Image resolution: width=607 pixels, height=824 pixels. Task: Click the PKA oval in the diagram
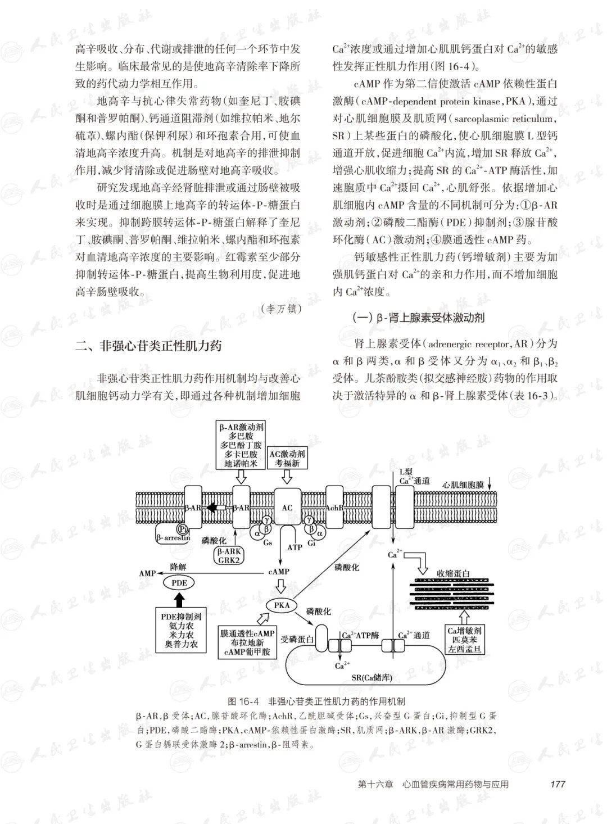point(282,605)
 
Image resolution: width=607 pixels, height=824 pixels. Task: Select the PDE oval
point(179,583)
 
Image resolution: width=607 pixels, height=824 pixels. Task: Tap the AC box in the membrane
point(287,508)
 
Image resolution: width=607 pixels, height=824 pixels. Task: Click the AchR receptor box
point(334,508)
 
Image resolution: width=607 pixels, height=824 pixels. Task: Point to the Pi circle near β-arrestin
point(182,528)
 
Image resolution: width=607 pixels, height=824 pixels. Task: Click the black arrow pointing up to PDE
point(179,600)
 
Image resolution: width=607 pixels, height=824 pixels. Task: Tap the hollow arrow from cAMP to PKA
point(280,588)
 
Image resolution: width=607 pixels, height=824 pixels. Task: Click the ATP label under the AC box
point(295,547)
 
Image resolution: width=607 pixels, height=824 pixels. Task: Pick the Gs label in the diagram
point(268,543)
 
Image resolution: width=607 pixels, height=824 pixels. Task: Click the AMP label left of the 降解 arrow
point(147,573)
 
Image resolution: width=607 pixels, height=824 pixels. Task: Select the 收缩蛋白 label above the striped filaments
point(454,574)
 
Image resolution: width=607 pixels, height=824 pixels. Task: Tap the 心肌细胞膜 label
point(463,485)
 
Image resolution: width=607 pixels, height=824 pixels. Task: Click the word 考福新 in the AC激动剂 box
point(287,463)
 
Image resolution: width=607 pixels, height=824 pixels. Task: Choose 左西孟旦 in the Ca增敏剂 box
point(465,649)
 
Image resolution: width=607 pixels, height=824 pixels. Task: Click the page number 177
point(558,784)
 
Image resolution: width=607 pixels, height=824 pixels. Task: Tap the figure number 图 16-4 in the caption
point(243,701)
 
